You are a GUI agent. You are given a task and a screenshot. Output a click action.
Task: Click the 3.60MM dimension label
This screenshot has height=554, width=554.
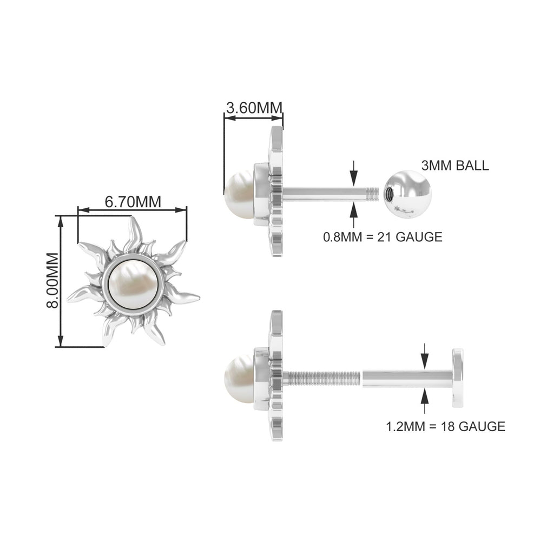[x=254, y=108]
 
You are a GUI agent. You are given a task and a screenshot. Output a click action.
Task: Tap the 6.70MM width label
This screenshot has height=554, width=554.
[x=133, y=201]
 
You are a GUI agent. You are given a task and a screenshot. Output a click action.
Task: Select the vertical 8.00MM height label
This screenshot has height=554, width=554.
[x=52, y=280]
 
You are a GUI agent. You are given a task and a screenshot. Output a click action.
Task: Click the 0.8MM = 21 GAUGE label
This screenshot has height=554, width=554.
[x=382, y=236]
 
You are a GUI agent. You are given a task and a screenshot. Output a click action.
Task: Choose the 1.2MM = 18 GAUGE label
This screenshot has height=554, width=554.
[x=445, y=426]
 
